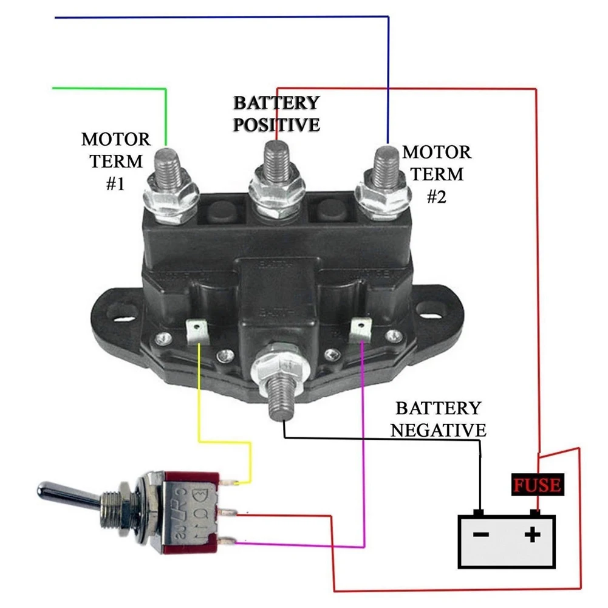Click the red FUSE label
537,485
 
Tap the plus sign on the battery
533,535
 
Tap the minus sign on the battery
481,535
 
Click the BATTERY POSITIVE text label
277,114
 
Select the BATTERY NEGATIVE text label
438,419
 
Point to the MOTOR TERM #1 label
115,162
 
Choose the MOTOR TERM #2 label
436,174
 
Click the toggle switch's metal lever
67,491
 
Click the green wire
109,89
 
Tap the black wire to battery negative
383,439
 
